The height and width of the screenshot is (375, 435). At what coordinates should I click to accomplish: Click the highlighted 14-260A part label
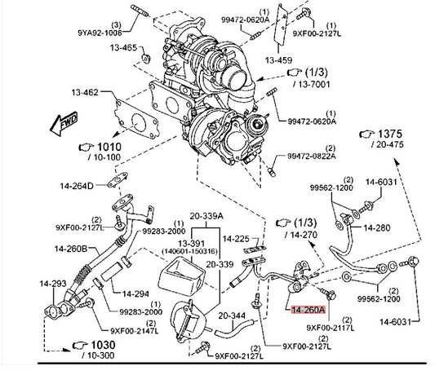tap(308, 310)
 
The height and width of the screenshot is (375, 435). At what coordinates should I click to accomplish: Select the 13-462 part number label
tap(85, 92)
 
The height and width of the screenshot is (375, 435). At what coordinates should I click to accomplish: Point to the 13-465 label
tap(123, 47)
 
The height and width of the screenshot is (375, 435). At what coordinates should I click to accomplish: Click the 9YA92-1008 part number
tap(100, 33)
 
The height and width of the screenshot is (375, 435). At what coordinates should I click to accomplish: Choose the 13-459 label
tap(278, 60)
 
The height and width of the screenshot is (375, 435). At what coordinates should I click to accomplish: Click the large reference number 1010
tap(109, 147)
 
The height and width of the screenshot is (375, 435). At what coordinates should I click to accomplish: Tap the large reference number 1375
tap(390, 135)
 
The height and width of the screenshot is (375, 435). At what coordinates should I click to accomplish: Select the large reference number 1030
tap(103, 345)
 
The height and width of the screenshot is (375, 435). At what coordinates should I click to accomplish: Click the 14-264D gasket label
tap(77, 186)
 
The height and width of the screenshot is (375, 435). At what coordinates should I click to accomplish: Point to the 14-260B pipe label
tap(71, 249)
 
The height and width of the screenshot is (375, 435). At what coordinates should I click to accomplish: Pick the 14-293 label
tap(53, 284)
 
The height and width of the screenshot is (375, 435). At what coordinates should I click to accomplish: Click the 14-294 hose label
tap(135, 293)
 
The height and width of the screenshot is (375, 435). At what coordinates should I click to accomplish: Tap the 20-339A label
tap(206, 216)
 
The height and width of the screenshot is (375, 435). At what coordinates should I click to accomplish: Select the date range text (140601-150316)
tap(190, 251)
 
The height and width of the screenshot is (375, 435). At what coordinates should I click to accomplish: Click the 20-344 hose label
tap(232, 315)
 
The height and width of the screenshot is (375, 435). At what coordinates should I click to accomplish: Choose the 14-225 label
tap(236, 239)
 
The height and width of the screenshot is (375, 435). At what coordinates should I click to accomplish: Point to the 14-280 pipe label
tap(377, 227)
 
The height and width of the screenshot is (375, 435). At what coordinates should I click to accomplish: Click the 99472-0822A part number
tap(312, 157)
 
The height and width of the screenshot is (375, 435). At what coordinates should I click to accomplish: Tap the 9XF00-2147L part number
tap(135, 331)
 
